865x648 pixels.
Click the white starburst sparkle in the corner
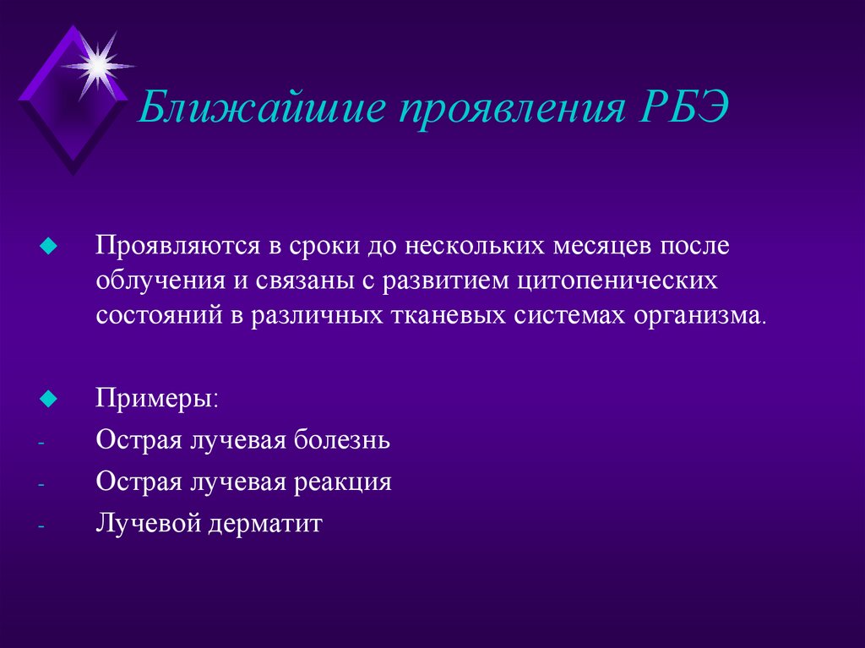pos(98,63)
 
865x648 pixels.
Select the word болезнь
pos(344,439)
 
